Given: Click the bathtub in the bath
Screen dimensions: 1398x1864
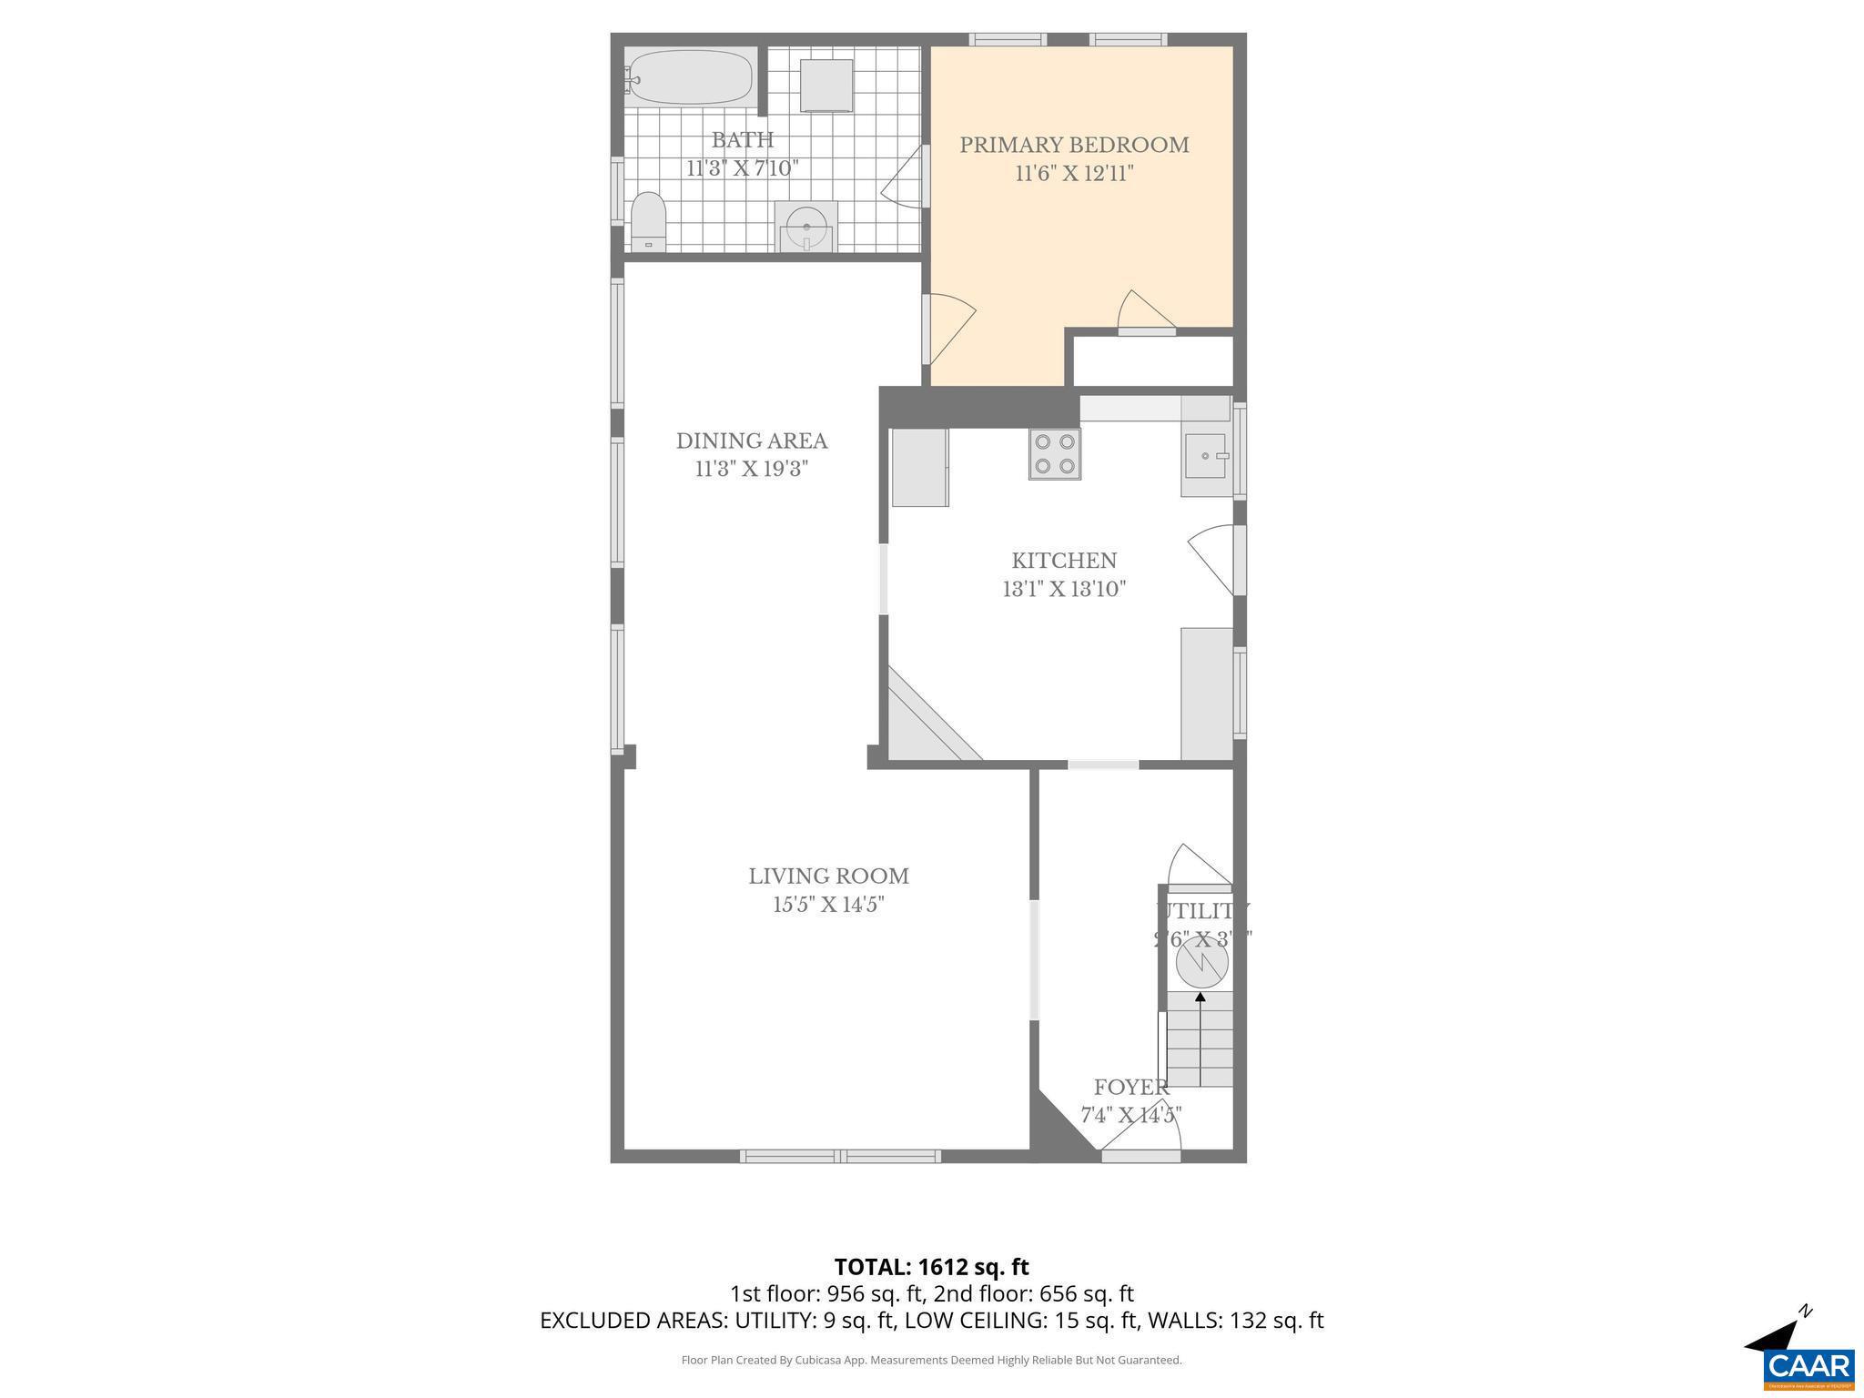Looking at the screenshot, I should (x=691, y=77).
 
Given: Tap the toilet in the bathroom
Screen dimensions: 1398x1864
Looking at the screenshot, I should (x=649, y=221).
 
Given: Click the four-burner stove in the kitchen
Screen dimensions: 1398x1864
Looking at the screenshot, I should (x=1055, y=454).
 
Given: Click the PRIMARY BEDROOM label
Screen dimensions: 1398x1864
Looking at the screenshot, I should (x=1074, y=145).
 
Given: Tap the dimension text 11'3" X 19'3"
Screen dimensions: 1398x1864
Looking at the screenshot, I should (x=752, y=469).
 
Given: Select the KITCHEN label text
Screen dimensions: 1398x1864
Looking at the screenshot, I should (x=1064, y=561).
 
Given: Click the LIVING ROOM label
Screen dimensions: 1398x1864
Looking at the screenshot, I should (x=828, y=876).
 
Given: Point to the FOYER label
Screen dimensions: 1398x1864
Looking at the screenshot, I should (x=1130, y=1087).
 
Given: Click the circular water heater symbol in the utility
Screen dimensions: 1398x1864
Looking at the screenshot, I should (x=1201, y=964).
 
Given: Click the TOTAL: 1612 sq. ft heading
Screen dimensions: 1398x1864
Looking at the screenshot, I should (x=931, y=1267).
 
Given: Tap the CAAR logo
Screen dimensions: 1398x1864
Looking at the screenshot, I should (x=1808, y=1367).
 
